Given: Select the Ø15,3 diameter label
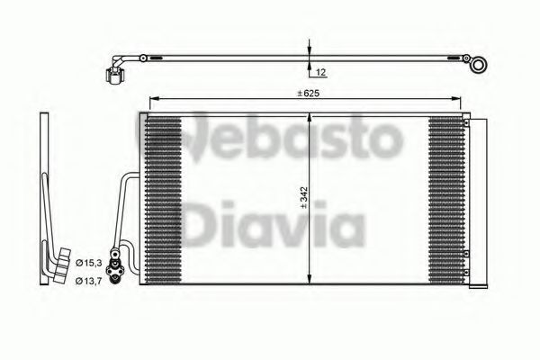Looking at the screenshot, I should (87, 262).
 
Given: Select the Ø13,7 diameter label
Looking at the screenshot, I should (87, 282).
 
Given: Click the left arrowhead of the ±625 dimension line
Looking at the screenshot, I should (151, 98).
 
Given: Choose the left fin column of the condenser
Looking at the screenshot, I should (165, 198).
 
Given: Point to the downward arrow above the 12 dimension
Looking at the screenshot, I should (309, 49).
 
